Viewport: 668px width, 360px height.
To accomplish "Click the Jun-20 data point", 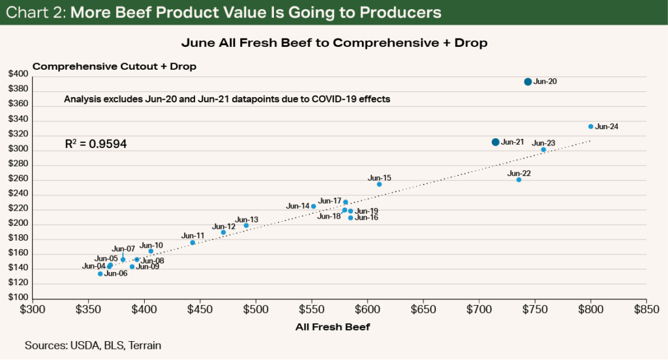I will click(528, 82).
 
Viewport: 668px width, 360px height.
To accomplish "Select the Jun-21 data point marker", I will click(495, 142).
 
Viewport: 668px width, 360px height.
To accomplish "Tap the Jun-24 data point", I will click(590, 127).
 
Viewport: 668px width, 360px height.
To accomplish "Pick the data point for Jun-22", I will click(519, 179).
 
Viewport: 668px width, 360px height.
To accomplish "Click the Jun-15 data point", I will click(379, 185).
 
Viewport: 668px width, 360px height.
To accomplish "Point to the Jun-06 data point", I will click(100, 274).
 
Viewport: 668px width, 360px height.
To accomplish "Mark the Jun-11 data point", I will click(192, 243).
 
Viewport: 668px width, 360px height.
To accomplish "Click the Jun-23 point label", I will click(543, 143).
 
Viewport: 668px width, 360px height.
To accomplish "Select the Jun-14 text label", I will click(297, 206).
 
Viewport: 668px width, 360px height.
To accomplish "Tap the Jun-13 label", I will click(247, 220).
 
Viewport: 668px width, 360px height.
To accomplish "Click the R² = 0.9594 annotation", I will click(95, 142).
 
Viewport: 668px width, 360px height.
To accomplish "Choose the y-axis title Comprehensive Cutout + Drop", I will click(114, 67).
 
